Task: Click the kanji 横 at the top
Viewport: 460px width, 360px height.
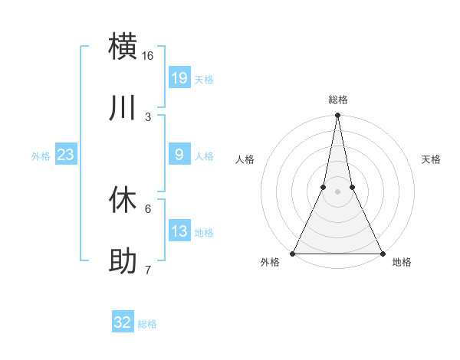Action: pos(123,46)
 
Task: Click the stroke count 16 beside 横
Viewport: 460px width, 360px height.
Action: pos(148,56)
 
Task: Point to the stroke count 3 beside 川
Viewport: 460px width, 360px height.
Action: pos(148,117)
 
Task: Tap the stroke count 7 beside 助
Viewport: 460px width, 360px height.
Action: pos(148,270)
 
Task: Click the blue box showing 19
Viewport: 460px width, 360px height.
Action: pos(179,78)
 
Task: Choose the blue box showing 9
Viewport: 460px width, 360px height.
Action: pos(179,155)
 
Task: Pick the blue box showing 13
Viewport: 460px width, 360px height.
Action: pos(179,231)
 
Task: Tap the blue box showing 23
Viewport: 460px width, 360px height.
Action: pos(66,155)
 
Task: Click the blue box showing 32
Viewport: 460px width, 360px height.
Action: pos(123,323)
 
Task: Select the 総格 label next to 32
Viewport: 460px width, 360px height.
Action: pos(147,324)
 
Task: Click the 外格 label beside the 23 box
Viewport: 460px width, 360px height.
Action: pos(41,155)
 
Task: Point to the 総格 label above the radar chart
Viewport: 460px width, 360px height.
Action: pos(338,100)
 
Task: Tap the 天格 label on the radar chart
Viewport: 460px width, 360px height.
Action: pos(431,159)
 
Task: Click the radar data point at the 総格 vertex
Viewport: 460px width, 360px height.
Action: pos(338,116)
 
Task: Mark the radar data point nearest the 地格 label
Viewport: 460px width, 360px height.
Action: pos(382,253)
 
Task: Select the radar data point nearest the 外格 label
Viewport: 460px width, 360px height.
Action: pos(294,253)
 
